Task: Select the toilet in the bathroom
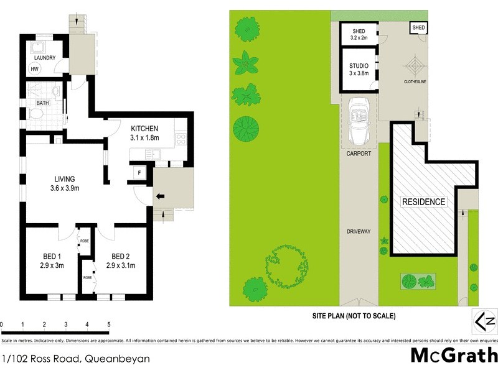point(35,114)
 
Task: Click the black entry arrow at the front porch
point(159,197)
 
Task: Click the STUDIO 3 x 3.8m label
point(358,69)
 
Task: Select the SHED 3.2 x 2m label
point(359,34)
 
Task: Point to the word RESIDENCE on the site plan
point(423,201)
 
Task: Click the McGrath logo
point(454,355)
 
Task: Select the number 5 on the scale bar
point(109,325)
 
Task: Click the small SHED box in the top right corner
point(418,29)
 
